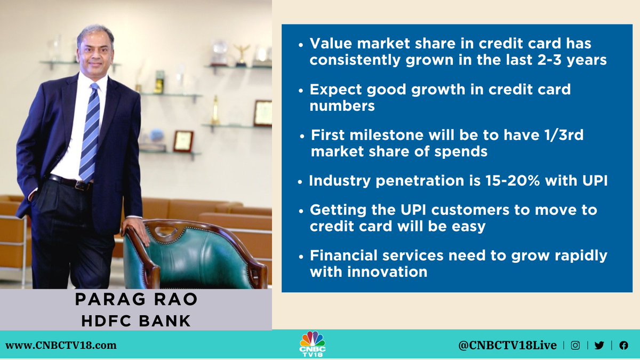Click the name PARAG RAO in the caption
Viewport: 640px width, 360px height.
click(136, 299)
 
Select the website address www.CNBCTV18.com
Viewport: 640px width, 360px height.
click(61, 345)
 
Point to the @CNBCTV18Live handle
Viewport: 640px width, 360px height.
click(507, 345)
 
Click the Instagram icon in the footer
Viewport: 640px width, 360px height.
click(575, 345)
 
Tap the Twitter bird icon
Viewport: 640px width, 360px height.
click(599, 345)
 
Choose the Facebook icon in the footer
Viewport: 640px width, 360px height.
click(623, 345)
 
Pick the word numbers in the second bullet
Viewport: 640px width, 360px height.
click(342, 105)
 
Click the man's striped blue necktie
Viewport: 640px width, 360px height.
click(90, 133)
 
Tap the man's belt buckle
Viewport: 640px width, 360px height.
click(82, 186)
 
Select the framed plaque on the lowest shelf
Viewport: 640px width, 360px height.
click(183, 140)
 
